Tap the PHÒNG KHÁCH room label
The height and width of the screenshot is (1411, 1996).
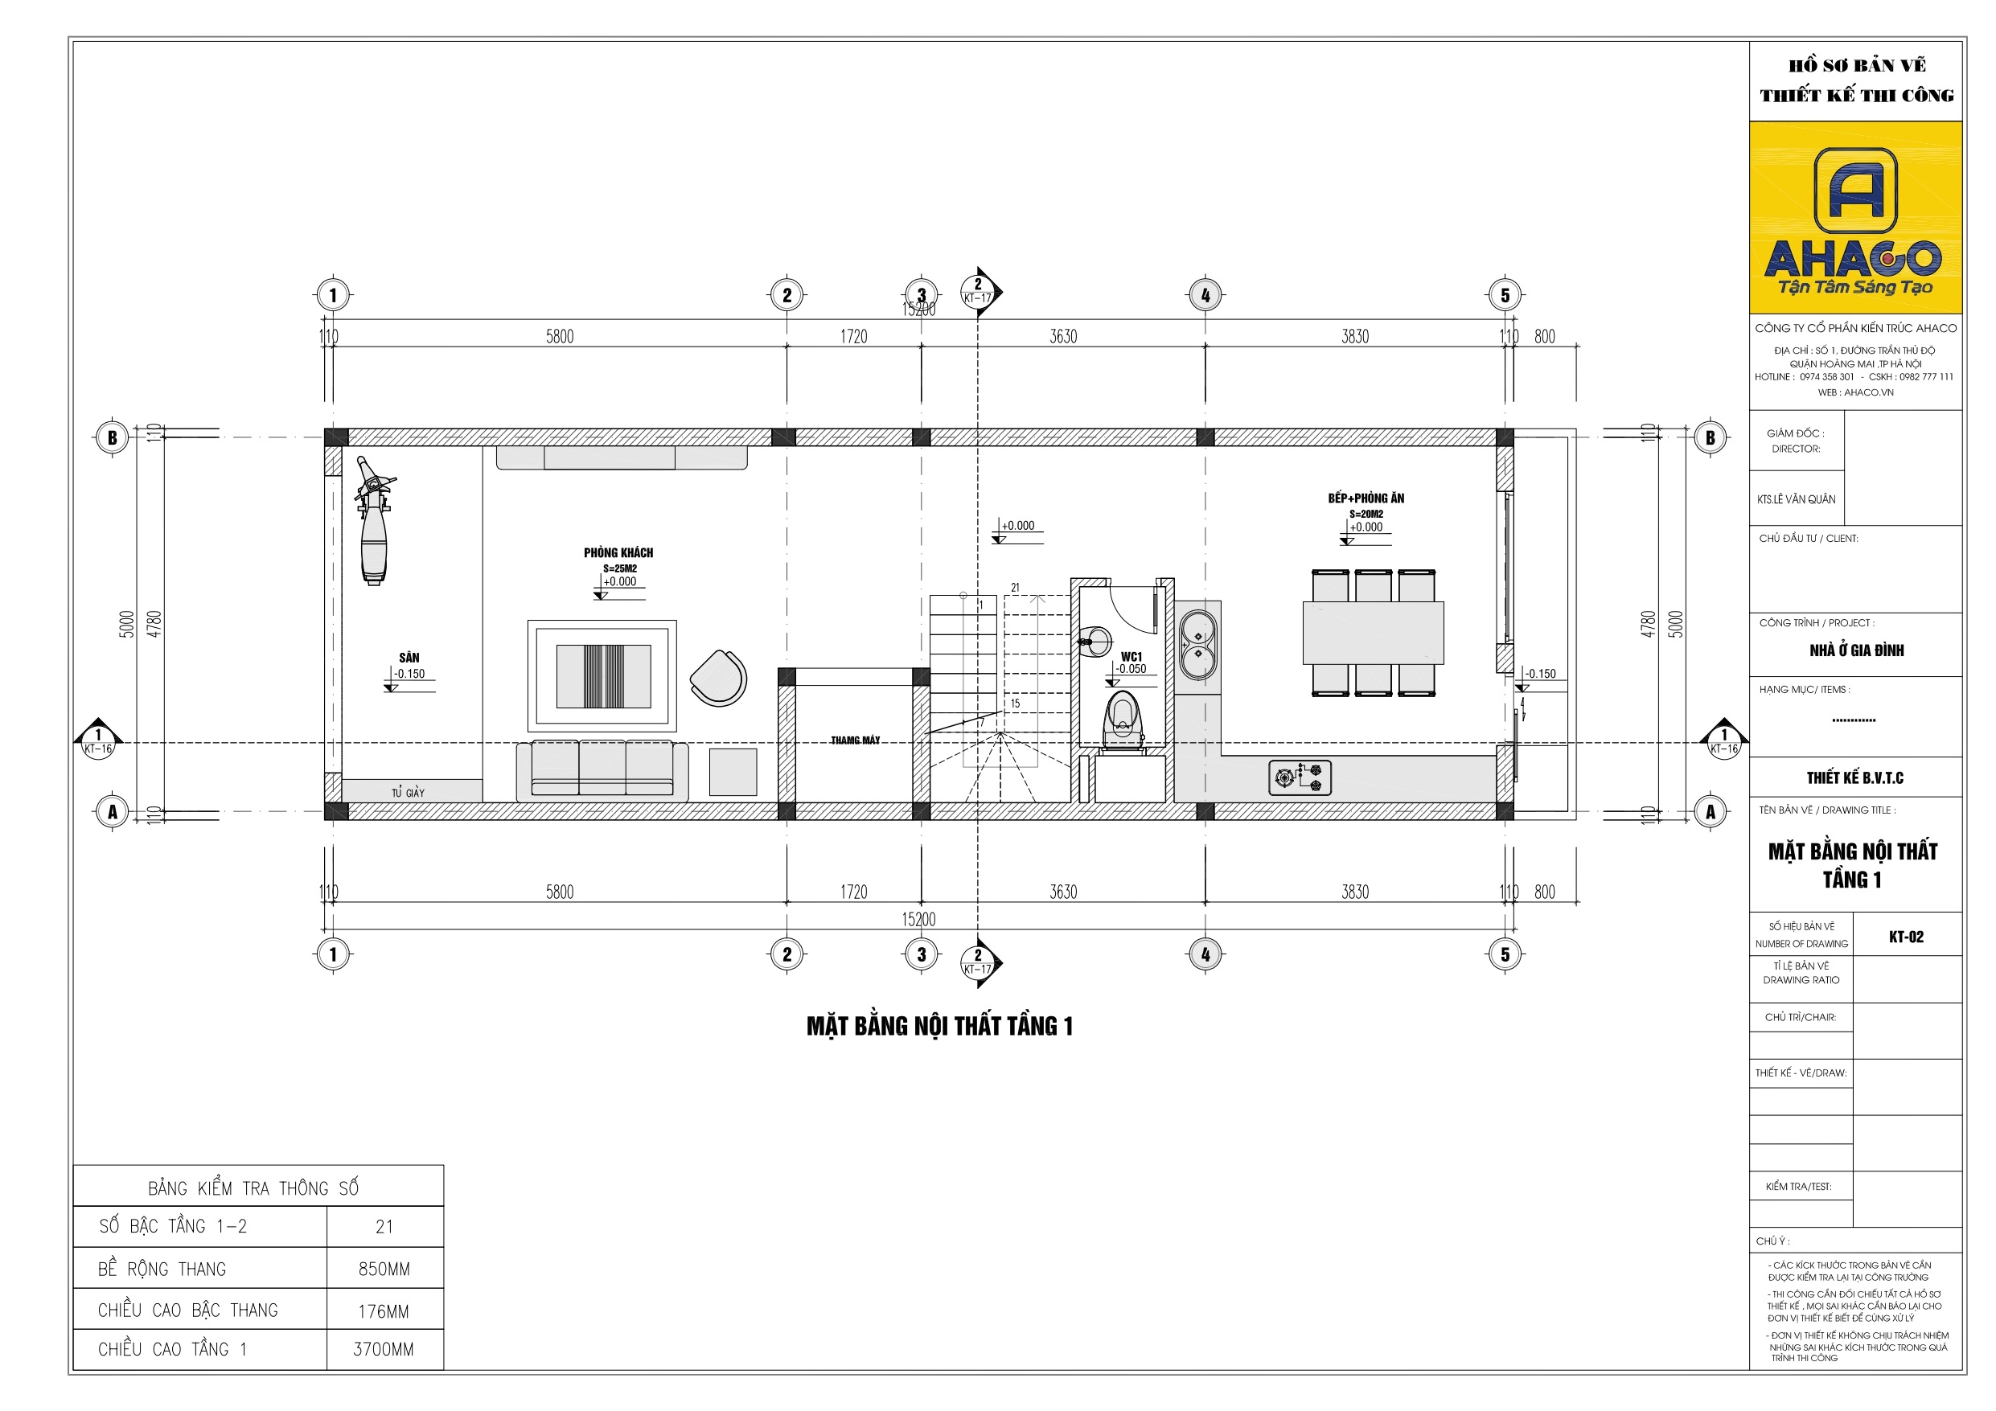coord(618,553)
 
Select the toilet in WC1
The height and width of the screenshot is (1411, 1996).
coord(1123,718)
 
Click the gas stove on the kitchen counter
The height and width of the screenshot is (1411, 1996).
coord(1300,777)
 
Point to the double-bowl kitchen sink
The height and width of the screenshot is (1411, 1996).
coord(1198,644)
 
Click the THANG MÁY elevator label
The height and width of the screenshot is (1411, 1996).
coord(855,740)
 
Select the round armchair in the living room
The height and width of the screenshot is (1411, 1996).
coord(719,678)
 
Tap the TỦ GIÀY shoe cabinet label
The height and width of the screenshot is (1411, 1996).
coord(408,793)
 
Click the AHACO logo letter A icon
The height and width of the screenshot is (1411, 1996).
coord(1855,190)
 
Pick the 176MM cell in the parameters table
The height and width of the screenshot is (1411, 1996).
coord(384,1312)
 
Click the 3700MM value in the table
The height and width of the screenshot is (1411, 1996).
coord(384,1350)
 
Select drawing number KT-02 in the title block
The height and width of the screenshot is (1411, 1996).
coord(1906,937)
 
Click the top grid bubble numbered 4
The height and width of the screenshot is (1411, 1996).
coord(1205,296)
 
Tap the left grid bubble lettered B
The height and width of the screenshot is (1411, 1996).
coord(112,438)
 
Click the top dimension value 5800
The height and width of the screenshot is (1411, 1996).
coord(560,336)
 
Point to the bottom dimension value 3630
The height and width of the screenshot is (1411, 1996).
coord(1063,892)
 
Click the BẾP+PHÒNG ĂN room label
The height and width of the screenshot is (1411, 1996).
coord(1366,498)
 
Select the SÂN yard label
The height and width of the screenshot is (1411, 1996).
coord(409,658)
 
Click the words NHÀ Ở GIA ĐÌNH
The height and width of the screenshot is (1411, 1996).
coord(1856,650)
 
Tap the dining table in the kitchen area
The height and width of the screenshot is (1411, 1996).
coord(1373,633)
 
